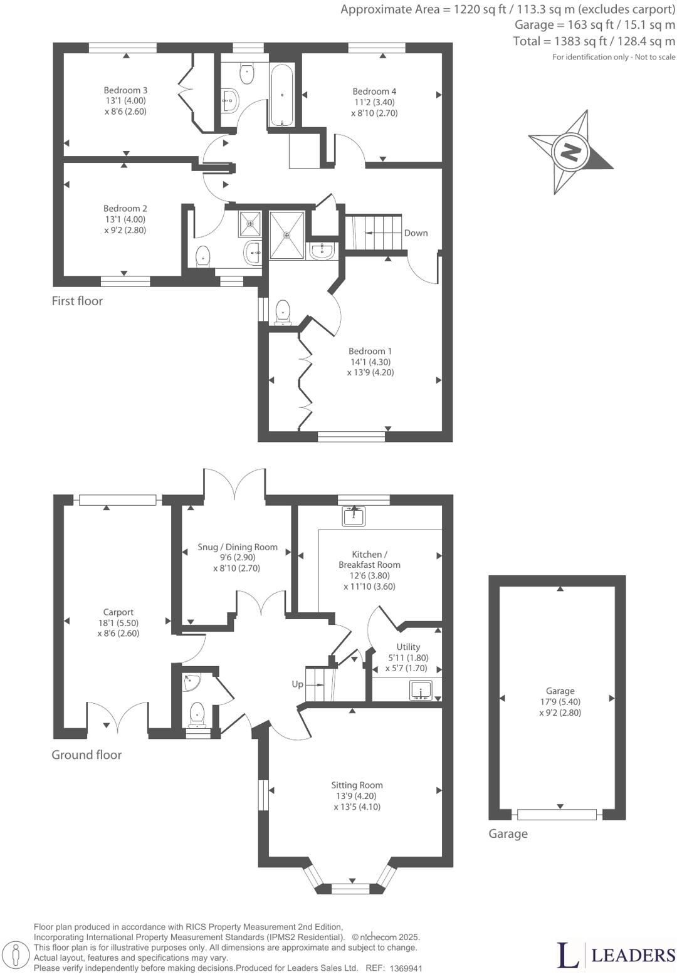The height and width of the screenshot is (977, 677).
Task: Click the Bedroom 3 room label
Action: click(x=125, y=90)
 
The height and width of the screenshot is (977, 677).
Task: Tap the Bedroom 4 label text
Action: click(x=374, y=91)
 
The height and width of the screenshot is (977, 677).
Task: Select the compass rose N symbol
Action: click(x=570, y=152)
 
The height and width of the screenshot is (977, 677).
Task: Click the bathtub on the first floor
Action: click(x=282, y=95)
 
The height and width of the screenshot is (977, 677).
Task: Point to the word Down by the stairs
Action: click(x=416, y=233)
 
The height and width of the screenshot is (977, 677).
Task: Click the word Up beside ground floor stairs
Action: click(x=298, y=684)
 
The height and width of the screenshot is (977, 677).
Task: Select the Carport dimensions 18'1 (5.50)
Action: click(x=118, y=623)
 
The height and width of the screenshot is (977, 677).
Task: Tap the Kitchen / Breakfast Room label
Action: click(x=369, y=560)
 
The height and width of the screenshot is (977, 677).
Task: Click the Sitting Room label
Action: click(x=357, y=785)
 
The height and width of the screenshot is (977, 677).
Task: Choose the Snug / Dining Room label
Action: click(x=237, y=547)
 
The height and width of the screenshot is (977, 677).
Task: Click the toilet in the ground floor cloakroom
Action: click(x=197, y=714)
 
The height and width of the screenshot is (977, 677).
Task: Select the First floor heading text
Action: click(x=77, y=301)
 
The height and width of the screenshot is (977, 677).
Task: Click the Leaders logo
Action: click(x=616, y=954)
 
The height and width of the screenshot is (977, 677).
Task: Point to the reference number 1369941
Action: click(x=406, y=968)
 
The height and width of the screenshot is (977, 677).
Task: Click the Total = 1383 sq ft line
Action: click(x=594, y=41)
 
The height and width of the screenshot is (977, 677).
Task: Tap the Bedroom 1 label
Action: click(x=370, y=352)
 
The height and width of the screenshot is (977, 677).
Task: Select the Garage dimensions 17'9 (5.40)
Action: click(x=560, y=702)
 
